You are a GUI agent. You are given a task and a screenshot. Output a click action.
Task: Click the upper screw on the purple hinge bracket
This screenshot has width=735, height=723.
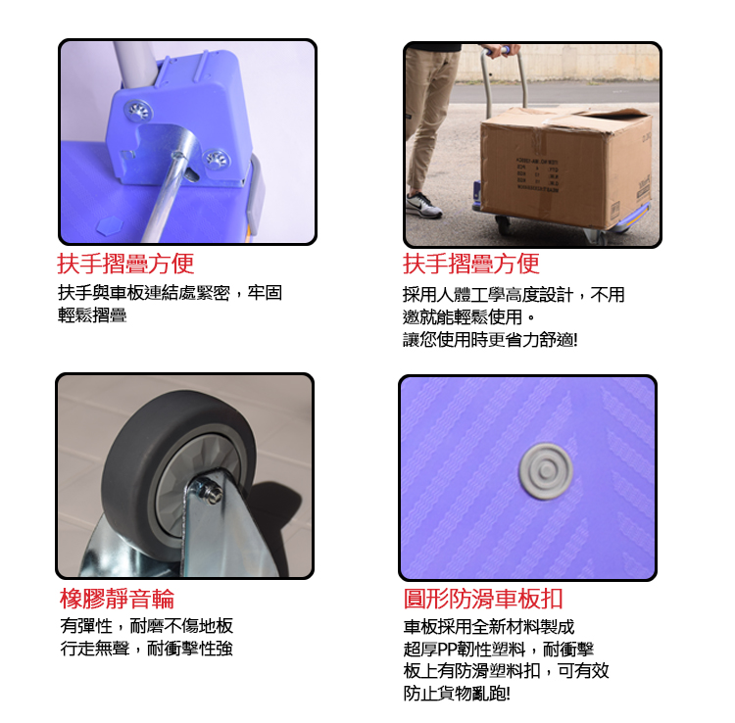[138, 111]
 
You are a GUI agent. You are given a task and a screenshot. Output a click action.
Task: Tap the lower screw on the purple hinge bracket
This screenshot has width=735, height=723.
[217, 159]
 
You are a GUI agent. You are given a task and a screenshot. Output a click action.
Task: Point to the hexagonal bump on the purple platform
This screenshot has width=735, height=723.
[110, 226]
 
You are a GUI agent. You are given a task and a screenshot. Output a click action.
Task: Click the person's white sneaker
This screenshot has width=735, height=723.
[423, 205]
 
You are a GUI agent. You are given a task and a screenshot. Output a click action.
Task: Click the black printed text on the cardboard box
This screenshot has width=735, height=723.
[537, 174]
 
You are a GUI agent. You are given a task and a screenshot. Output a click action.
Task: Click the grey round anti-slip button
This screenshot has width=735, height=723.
[546, 471]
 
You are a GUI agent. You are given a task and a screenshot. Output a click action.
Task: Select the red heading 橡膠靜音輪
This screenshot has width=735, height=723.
[118, 599]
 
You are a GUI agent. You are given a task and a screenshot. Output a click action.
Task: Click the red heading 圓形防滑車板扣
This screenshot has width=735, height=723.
[483, 599]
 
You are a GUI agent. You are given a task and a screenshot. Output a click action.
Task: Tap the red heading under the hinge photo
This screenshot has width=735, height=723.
[125, 264]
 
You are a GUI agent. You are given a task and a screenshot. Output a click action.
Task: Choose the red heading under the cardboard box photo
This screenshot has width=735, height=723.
[471, 264]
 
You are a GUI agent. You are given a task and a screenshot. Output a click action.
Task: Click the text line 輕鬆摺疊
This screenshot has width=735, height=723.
[92, 314]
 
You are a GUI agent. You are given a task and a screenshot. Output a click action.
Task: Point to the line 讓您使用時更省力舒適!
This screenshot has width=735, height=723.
[490, 340]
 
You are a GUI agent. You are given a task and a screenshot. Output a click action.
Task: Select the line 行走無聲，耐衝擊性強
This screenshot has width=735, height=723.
[147, 649]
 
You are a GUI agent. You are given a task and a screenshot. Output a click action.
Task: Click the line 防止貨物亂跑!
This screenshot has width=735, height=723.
[457, 693]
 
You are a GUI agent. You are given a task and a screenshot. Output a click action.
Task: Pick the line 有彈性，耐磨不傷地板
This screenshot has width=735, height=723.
[147, 626]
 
